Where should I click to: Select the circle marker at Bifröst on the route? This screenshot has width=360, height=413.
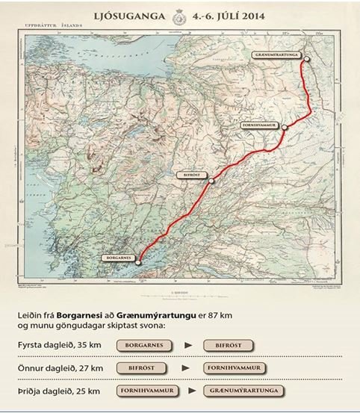211,180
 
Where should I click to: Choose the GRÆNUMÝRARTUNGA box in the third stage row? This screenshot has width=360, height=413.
239,391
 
